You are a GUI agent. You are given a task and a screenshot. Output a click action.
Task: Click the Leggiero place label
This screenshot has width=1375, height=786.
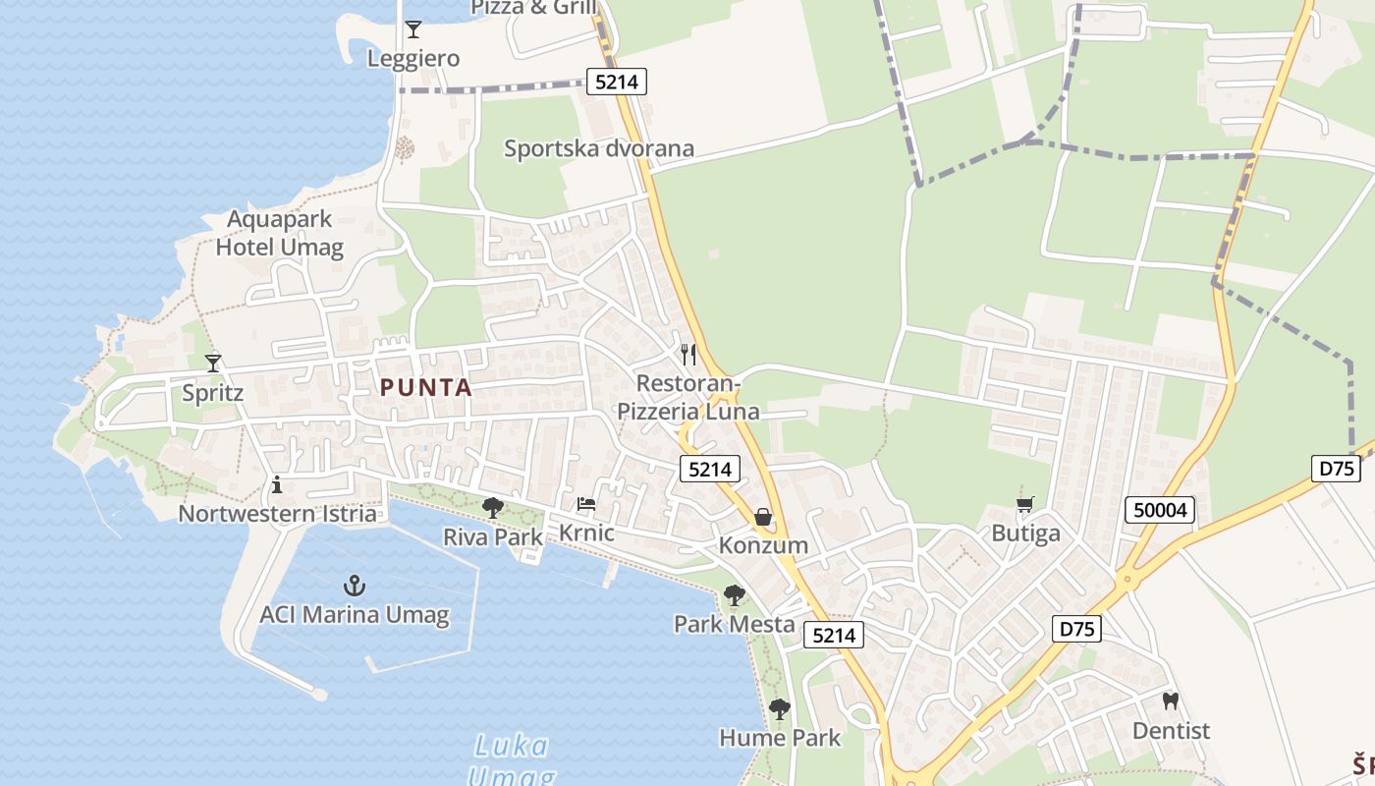pyautogui.click(x=412, y=59)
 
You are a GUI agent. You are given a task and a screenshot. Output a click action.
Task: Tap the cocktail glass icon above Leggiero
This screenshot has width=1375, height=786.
pyautogui.click(x=413, y=29)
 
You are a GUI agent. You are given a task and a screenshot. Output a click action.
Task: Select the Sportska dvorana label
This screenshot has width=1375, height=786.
pyautogui.click(x=599, y=148)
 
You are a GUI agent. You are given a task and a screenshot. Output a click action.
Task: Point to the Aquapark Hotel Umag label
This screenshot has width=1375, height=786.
pyautogui.click(x=280, y=233)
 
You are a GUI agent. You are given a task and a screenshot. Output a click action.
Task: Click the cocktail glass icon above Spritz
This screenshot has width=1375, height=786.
pyautogui.click(x=213, y=363)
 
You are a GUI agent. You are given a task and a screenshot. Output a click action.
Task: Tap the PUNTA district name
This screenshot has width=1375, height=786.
pyautogui.click(x=426, y=388)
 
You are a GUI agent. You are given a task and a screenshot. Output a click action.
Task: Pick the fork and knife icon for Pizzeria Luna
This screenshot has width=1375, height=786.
pyautogui.click(x=688, y=354)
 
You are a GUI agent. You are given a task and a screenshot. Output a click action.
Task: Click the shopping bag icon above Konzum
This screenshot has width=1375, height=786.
pyautogui.click(x=763, y=517)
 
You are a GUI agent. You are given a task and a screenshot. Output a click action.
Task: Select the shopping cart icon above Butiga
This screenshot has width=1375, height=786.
pyautogui.click(x=1025, y=505)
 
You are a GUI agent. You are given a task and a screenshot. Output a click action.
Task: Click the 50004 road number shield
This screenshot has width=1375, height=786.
pyautogui.click(x=1160, y=510)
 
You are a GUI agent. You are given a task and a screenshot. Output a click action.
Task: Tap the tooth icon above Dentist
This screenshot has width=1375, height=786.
pyautogui.click(x=1170, y=702)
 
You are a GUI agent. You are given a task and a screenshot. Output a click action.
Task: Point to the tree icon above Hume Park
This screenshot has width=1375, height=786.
pyautogui.click(x=780, y=708)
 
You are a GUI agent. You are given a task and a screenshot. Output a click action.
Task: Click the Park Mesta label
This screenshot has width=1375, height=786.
pyautogui.click(x=734, y=624)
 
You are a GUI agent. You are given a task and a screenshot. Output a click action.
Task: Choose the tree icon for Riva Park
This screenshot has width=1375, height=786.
pyautogui.click(x=493, y=508)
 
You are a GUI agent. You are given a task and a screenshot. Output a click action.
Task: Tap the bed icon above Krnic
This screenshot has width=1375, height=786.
pyautogui.click(x=586, y=504)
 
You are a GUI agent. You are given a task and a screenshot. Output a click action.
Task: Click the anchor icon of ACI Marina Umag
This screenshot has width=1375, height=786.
pyautogui.click(x=354, y=587)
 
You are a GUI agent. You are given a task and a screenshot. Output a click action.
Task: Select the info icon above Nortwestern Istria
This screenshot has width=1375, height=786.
pyautogui.click(x=277, y=484)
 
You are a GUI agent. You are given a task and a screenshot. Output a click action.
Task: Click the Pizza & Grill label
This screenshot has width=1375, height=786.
pyautogui.click(x=534, y=8)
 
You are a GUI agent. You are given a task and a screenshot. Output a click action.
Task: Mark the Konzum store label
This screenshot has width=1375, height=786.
pyautogui.click(x=763, y=545)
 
